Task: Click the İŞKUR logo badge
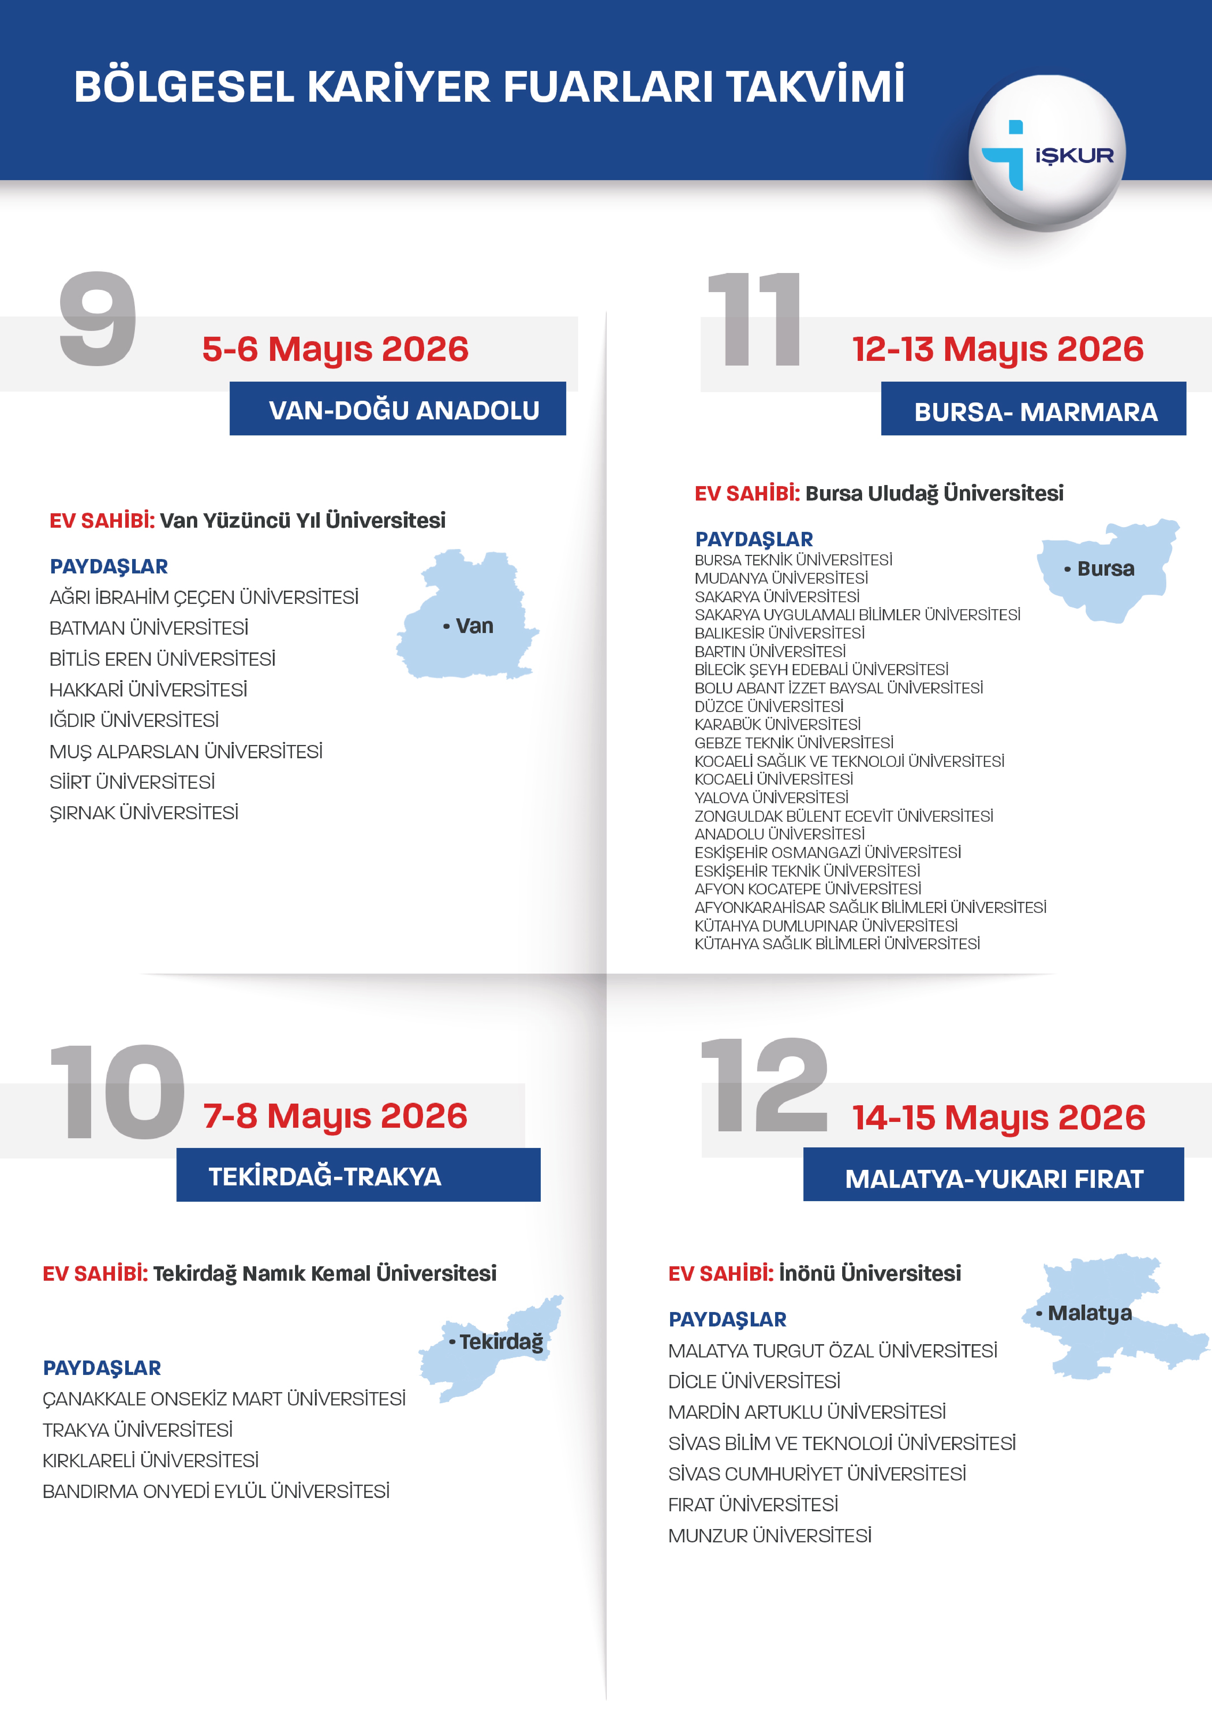(1047, 153)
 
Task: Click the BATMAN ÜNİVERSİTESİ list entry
(148, 628)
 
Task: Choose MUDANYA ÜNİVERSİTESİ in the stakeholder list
(781, 578)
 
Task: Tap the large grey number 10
(118, 1092)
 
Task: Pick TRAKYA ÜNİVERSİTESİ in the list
(137, 1430)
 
